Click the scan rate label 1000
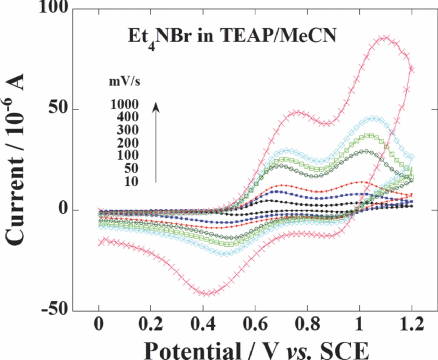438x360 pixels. point(124,104)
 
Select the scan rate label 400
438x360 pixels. point(128,117)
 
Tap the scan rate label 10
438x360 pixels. point(131,181)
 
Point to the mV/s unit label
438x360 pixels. point(125,82)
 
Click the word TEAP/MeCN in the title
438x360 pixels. point(278,35)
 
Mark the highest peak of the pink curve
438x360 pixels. point(385,37)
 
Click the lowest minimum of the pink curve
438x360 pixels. point(208,293)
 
